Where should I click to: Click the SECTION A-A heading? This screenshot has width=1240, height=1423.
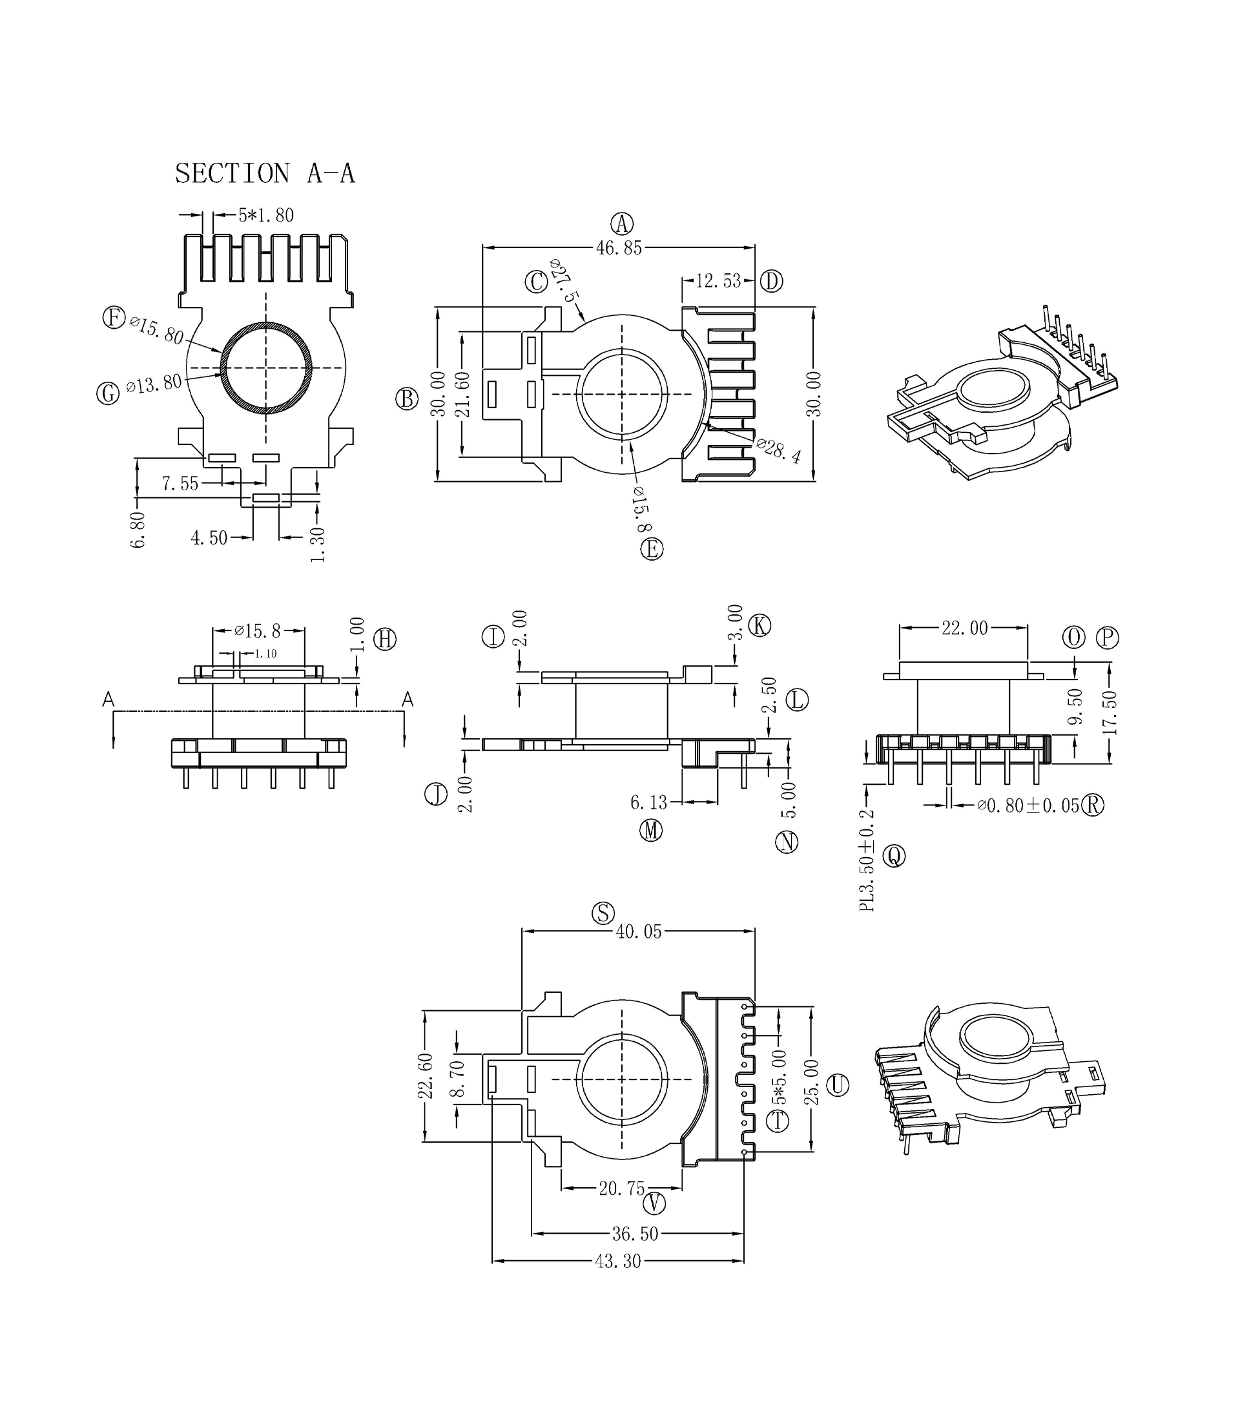tap(264, 173)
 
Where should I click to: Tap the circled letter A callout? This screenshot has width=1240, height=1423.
tap(621, 223)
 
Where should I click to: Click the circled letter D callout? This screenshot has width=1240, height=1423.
tap(771, 281)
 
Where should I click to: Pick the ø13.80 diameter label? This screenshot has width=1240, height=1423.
tap(154, 384)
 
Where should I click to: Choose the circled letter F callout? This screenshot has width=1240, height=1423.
tap(114, 318)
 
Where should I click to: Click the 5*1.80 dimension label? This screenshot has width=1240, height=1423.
tap(265, 215)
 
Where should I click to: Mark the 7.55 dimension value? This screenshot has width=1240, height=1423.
tap(180, 483)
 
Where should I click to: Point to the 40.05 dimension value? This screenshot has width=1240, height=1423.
tap(638, 931)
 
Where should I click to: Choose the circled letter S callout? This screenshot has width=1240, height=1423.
tap(603, 913)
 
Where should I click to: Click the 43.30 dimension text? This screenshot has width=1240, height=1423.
tap(617, 1261)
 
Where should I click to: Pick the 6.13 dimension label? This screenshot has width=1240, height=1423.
tap(648, 802)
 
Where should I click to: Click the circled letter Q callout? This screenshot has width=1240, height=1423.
tap(894, 856)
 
